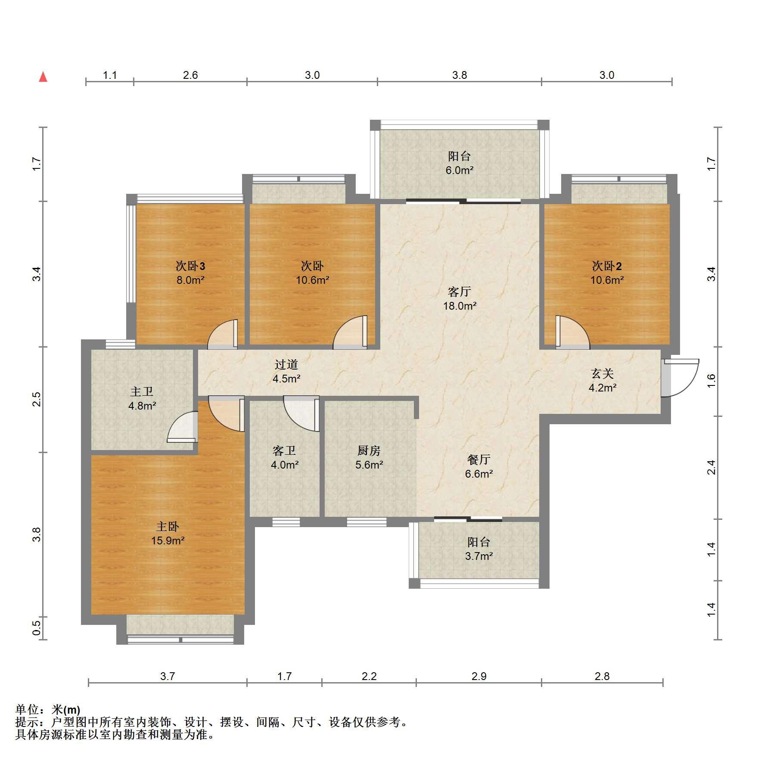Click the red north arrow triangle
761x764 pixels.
tap(43, 77)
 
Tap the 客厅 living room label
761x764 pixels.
tap(460, 292)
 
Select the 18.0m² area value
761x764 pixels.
tap(460, 306)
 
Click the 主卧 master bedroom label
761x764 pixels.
tap(167, 526)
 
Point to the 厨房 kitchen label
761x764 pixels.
tap(369, 450)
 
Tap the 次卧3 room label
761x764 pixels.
tap(190, 266)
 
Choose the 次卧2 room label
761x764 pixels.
tap(607, 266)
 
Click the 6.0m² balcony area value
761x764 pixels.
tap(460, 170)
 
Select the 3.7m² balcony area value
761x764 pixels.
tap(478, 556)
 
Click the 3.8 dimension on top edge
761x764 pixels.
tap(460, 75)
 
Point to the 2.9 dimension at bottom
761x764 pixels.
tap(478, 676)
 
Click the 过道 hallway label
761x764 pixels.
tap(286, 364)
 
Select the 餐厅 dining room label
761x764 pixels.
tap(478, 460)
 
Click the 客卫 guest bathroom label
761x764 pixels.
tap(284, 450)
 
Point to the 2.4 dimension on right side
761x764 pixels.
tap(711, 467)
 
